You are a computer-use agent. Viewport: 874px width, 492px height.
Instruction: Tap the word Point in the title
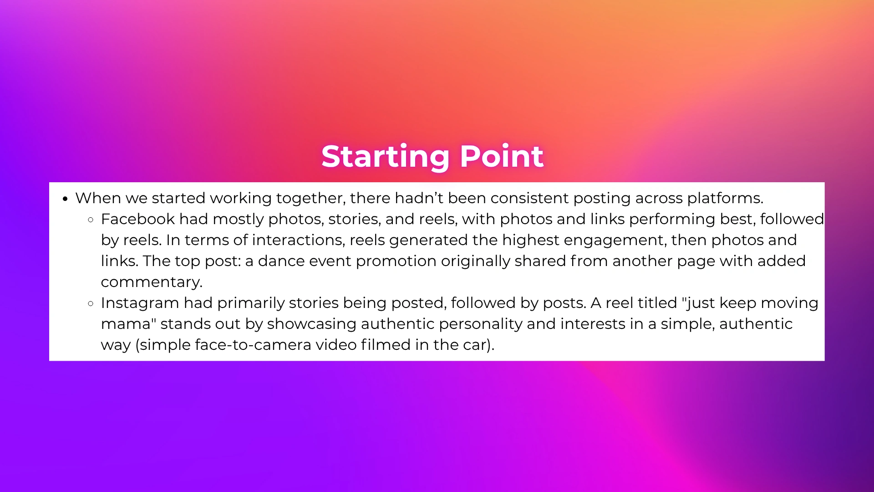[502, 156]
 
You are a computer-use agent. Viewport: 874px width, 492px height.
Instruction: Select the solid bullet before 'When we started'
[66, 199]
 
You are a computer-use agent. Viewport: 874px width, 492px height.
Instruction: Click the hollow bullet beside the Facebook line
[91, 220]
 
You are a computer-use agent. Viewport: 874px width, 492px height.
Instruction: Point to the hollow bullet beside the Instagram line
[91, 303]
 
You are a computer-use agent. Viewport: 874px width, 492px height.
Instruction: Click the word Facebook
[138, 219]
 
